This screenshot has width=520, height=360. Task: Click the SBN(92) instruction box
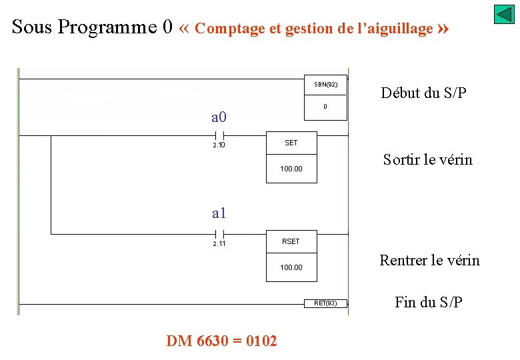(x=325, y=85)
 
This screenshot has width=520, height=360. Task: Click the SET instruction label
(x=291, y=143)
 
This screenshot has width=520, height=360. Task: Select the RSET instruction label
(x=291, y=241)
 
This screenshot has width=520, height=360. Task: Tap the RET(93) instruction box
(x=325, y=303)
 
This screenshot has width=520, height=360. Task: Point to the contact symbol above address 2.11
(x=219, y=234)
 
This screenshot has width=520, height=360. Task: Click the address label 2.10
(x=219, y=145)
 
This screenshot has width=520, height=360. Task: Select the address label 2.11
(x=219, y=244)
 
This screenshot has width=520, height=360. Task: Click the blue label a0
(x=219, y=118)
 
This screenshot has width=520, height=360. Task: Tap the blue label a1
(x=219, y=213)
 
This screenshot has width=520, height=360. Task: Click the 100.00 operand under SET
(x=291, y=169)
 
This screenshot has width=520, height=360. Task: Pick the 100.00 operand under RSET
(x=291, y=267)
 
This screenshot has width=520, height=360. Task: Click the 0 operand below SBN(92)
(x=325, y=107)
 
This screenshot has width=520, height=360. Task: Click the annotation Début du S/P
(x=423, y=93)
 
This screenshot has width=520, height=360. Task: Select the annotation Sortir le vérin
(x=427, y=160)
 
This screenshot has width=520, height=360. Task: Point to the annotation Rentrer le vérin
(x=429, y=260)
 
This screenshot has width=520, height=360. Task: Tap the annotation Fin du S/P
(x=428, y=302)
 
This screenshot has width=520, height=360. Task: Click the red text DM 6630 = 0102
(x=221, y=341)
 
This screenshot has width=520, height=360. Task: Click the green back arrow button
(x=504, y=15)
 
